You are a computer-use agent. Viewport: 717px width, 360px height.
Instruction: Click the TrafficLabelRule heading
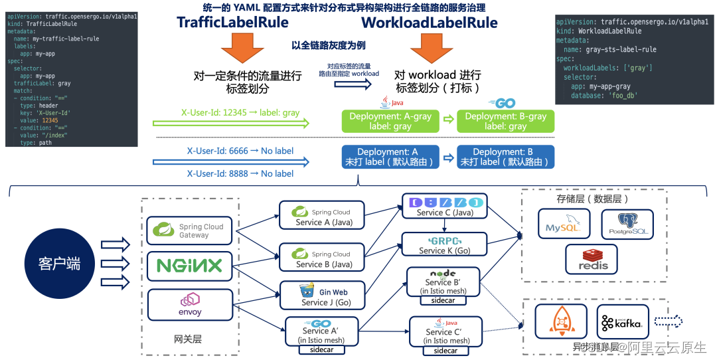pyautogui.click(x=232, y=23)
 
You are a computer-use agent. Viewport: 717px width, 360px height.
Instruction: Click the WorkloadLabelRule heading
pyautogui.click(x=429, y=23)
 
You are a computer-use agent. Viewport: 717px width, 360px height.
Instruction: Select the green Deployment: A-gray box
pyautogui.click(x=390, y=121)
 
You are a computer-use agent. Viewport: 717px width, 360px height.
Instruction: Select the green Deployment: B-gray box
pyautogui.click(x=505, y=121)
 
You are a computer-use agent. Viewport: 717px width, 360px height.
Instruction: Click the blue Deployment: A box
pyautogui.click(x=390, y=157)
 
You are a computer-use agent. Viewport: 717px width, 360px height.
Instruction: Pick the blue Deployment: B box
pyautogui.click(x=505, y=157)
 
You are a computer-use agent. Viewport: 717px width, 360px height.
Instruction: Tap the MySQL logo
pyautogui.click(x=563, y=225)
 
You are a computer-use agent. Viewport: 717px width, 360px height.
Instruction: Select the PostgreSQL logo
pyautogui.click(x=627, y=225)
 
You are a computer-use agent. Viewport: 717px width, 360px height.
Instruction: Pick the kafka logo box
pyautogui.click(x=622, y=322)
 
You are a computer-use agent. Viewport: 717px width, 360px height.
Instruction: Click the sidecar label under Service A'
pyautogui.click(x=321, y=349)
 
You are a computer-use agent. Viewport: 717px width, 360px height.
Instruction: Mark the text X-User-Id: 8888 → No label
pyautogui.click(x=240, y=173)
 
